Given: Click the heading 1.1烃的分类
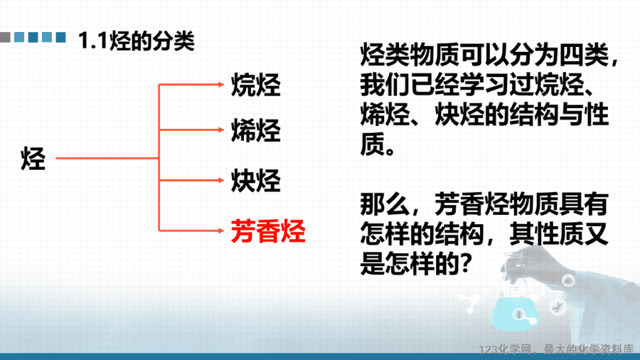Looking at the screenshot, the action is pos(137,41).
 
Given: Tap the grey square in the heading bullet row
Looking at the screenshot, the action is pos(5,38).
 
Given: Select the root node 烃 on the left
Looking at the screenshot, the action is pos(33,159).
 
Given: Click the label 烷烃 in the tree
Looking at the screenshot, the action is pos(256,85).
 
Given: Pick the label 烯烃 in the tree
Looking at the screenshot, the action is pos(256,131).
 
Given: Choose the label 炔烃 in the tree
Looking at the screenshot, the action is pos(256,181).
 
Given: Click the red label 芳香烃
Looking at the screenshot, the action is pos(268,231).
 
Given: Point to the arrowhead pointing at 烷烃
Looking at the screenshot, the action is pos(221,85).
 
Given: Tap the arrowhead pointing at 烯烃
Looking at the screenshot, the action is pos(221,129).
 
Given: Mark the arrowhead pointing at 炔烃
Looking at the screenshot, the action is pos(221,180).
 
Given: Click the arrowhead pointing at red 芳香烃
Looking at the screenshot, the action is pos(221,231).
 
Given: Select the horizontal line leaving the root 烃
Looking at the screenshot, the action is pos(107,158).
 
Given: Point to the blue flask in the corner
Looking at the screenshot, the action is pos(515,312).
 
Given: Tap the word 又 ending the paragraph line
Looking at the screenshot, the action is pos(597,234).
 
